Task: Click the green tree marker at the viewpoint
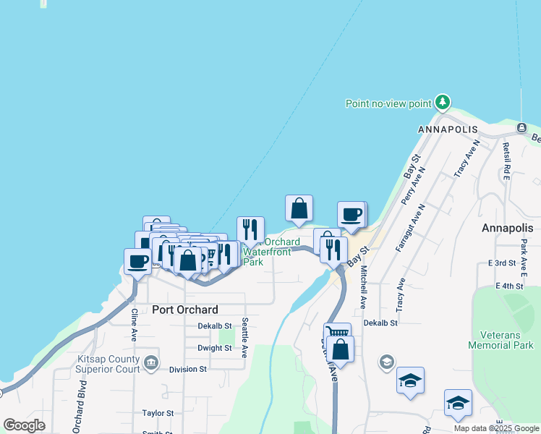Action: point(443,103)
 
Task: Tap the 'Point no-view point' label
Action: point(388,103)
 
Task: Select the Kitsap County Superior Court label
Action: point(107,364)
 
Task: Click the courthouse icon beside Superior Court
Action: point(151,362)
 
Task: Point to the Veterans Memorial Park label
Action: point(506,341)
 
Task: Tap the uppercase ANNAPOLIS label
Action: point(448,129)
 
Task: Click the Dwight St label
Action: point(214,348)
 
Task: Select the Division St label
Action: point(187,369)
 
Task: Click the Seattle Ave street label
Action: point(245,337)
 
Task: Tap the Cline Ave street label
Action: point(135,325)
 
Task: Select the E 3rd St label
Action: point(501,263)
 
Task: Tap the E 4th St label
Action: point(509,286)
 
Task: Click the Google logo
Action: point(24,425)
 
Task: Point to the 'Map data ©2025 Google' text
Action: point(495,428)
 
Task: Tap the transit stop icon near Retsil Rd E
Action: point(521,128)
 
